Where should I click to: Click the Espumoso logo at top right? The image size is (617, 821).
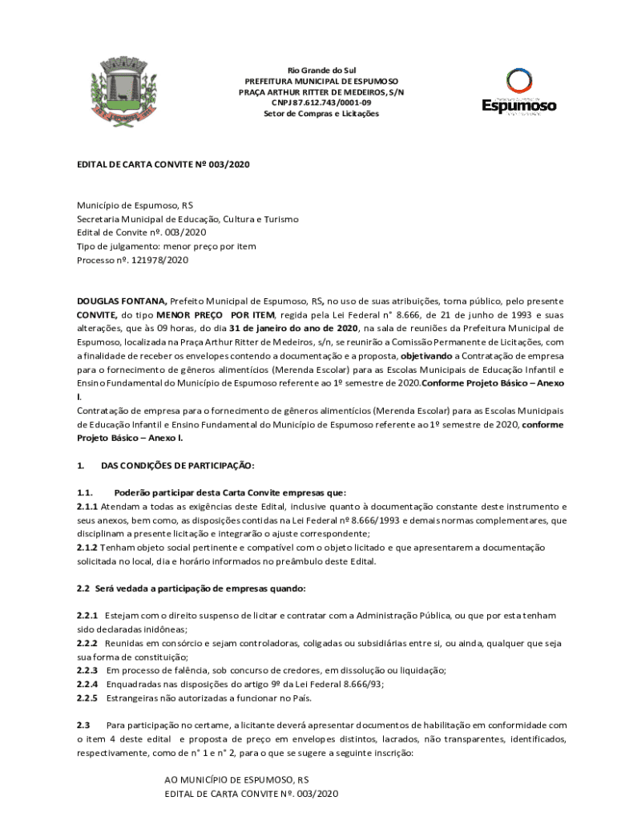pyautogui.click(x=518, y=92)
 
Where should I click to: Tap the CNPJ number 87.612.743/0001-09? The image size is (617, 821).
pyautogui.click(x=321, y=103)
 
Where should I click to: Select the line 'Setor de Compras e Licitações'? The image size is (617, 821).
pyautogui.click(x=321, y=114)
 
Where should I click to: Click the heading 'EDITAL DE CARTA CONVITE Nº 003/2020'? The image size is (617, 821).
pyautogui.click(x=163, y=164)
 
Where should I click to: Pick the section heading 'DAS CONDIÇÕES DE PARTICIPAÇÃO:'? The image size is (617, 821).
pyautogui.click(x=177, y=465)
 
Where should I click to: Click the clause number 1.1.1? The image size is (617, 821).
pyautogui.click(x=87, y=507)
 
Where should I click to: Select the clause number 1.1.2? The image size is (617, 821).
pyautogui.click(x=87, y=548)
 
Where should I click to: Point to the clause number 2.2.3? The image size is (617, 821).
pyautogui.click(x=87, y=670)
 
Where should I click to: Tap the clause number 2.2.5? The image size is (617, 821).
pyautogui.click(x=87, y=698)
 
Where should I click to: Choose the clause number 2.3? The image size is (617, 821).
pyautogui.click(x=84, y=725)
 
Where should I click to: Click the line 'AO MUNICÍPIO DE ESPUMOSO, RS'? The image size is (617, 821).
pyautogui.click(x=236, y=779)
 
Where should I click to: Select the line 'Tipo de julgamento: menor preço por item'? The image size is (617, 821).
pyautogui.click(x=167, y=247)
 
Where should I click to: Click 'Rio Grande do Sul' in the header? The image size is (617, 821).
pyautogui.click(x=321, y=71)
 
